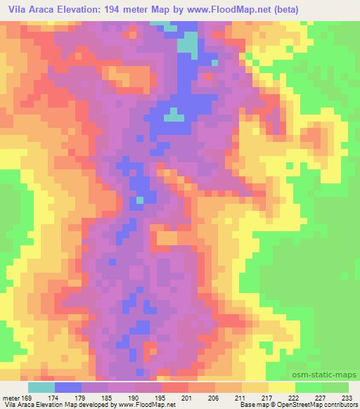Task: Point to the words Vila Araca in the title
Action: coord(29,10)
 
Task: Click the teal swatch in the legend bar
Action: coord(41,387)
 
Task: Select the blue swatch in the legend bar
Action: coord(68,387)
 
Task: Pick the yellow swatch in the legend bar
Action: coord(282,387)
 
